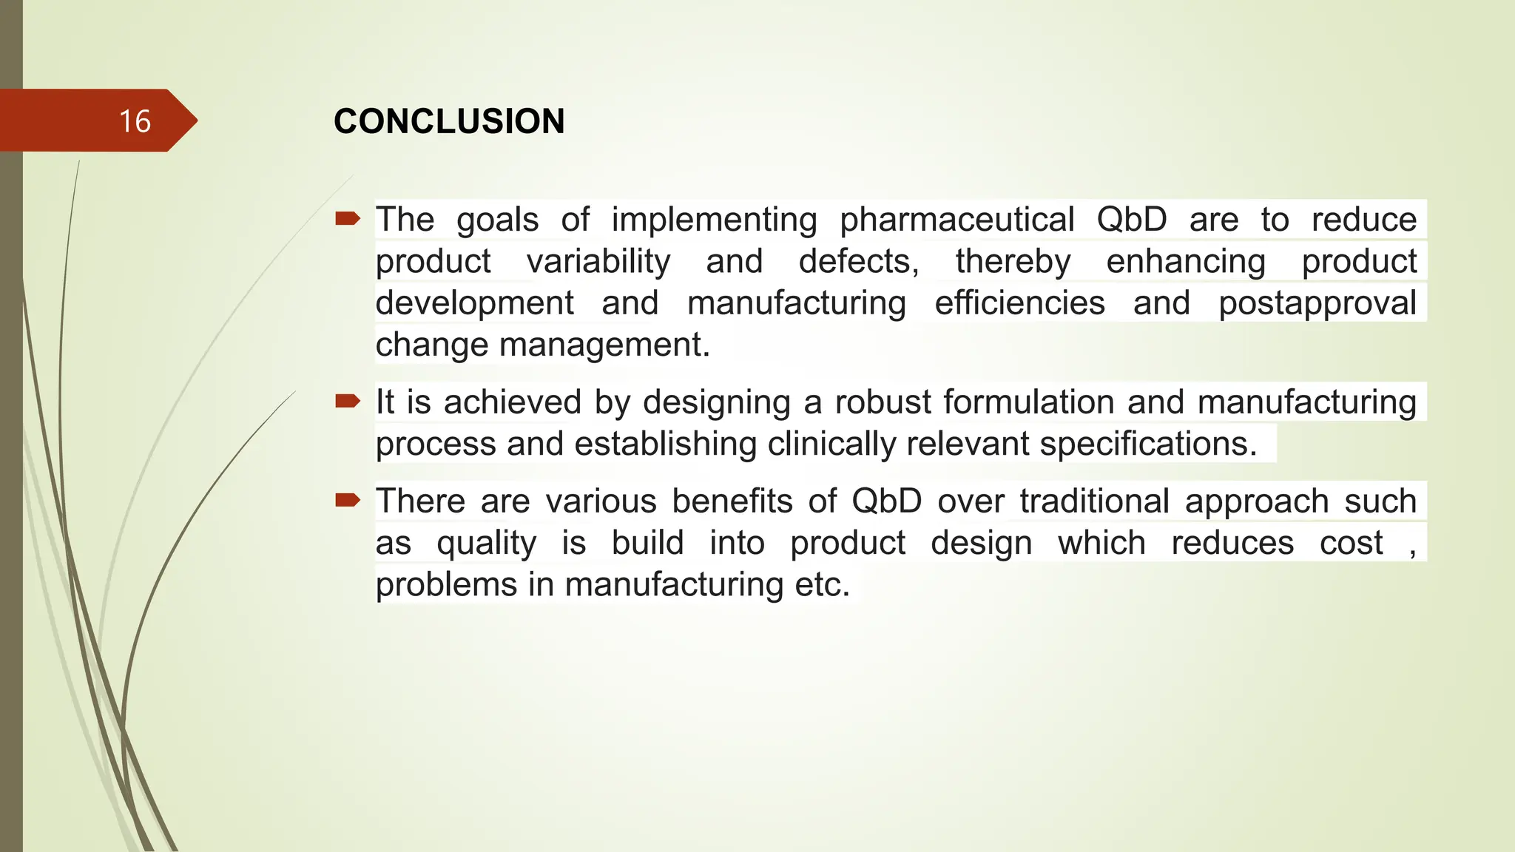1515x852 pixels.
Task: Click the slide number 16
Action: tap(135, 121)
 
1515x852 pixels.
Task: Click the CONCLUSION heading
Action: tap(449, 121)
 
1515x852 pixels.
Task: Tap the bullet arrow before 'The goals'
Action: tap(347, 218)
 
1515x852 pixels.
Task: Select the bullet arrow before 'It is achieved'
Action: tap(347, 401)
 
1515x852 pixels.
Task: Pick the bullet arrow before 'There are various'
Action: tap(347, 500)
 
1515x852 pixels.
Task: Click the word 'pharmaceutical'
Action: tap(956, 220)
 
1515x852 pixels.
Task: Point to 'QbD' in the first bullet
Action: tap(1131, 220)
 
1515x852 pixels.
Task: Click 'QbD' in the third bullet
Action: tap(886, 501)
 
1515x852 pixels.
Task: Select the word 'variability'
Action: tap(598, 262)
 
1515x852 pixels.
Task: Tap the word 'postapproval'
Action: tap(1317, 304)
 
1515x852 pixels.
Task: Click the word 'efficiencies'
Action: tap(1019, 303)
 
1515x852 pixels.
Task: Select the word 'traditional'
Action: tap(1094, 501)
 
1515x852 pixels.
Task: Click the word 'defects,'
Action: tap(859, 262)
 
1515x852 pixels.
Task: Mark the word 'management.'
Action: tap(604, 345)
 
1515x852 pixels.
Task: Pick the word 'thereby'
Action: tap(1013, 262)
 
